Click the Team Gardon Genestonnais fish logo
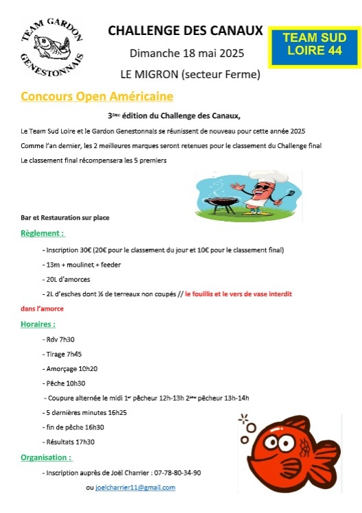[x=51, y=47]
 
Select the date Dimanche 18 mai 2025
[x=186, y=53]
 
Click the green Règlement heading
[x=43, y=233]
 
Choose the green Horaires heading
[x=38, y=323]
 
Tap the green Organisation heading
[x=47, y=457]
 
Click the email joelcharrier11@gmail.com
[x=135, y=487]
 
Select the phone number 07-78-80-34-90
[x=173, y=473]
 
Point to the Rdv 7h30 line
[x=59, y=339]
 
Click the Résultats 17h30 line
[x=69, y=442]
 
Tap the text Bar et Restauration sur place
[x=65, y=217]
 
